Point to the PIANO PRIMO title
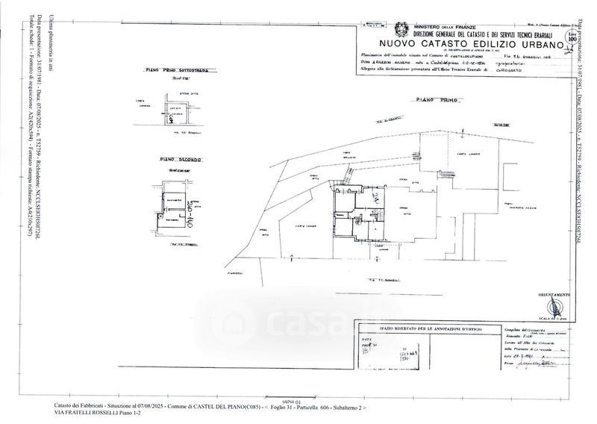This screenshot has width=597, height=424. (437, 100)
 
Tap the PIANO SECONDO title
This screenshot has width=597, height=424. (180, 160)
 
